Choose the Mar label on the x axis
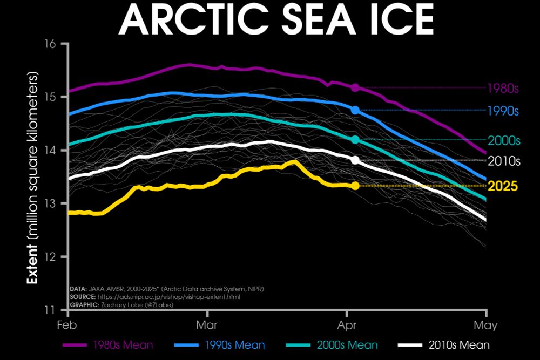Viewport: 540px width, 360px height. coord(207,325)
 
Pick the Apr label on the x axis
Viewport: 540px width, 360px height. coord(346,325)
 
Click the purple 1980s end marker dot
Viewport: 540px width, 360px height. coord(355,87)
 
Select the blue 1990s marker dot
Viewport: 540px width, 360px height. coord(355,110)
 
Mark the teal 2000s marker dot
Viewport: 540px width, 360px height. coord(355,140)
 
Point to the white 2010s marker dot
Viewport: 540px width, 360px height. coord(355,160)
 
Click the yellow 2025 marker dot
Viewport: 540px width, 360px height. coord(355,186)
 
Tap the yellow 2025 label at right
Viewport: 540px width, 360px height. coord(503,187)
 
